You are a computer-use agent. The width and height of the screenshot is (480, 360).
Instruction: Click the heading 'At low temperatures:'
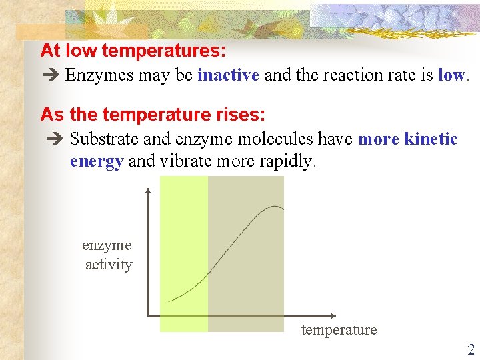point(133,51)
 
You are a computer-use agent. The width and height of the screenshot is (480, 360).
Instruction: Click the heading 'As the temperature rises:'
point(153,115)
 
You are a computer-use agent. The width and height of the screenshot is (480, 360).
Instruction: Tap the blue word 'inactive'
point(228,75)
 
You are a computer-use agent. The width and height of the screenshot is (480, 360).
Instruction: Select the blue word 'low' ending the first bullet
point(451,75)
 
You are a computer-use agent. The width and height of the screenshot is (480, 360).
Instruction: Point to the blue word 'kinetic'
point(431,139)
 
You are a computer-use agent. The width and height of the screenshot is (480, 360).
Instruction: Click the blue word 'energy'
point(97,161)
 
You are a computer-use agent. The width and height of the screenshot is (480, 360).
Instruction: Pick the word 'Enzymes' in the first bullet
point(100,75)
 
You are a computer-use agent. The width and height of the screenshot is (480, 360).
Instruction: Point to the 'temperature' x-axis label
point(339,330)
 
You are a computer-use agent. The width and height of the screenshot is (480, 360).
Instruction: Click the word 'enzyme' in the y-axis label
point(107,245)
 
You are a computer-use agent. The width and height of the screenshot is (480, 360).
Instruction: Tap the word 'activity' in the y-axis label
point(109,265)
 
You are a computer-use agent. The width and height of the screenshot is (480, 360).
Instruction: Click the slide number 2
point(471,349)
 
